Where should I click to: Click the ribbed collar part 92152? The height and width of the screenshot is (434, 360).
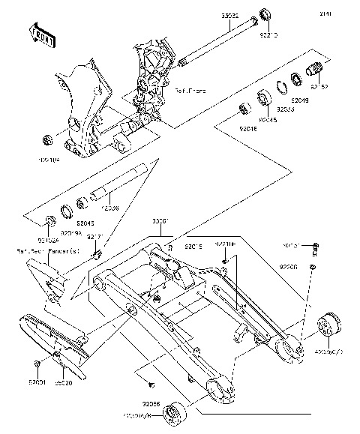pos(313,73)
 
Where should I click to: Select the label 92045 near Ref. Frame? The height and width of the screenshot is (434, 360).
pos(267,119)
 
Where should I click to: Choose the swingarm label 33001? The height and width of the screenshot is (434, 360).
pos(161,223)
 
